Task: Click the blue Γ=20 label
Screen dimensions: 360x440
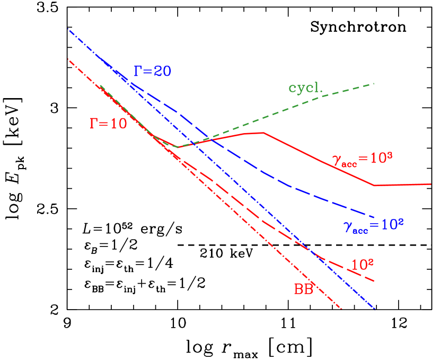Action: pos(152,71)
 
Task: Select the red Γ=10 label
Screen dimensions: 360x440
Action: pos(108,124)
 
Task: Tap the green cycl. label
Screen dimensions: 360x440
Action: pos(305,88)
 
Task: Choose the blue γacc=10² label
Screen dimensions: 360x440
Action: pos(374,225)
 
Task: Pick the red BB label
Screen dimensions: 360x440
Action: pos(304,289)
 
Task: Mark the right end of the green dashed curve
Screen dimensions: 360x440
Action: pos(375,84)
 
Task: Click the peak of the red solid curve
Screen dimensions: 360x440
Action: pos(263,133)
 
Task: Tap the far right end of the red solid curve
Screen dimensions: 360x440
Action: pos(431,184)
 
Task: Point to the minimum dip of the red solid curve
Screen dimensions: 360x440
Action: pos(177,147)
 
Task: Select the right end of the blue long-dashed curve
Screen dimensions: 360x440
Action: pos(375,217)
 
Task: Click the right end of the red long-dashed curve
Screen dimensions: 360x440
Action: pos(375,280)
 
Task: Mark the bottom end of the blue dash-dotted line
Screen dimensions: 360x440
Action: pos(375,309)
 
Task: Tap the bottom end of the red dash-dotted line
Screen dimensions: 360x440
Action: pos(342,309)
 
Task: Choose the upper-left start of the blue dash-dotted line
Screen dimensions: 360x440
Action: pos(68,30)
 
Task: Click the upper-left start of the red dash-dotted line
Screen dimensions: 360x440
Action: pos(68,59)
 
